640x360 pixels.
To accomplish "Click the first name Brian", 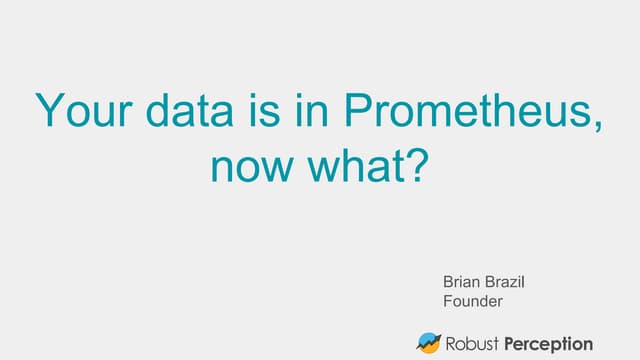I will [x=462, y=282].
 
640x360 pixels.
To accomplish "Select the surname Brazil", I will [x=506, y=282].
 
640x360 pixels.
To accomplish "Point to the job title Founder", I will [x=472, y=300].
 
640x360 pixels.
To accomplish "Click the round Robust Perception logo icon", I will [x=430, y=343].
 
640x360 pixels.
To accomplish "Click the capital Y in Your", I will [x=48, y=110].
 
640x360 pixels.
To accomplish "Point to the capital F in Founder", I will [x=447, y=300].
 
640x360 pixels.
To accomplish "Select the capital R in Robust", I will [x=453, y=343].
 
